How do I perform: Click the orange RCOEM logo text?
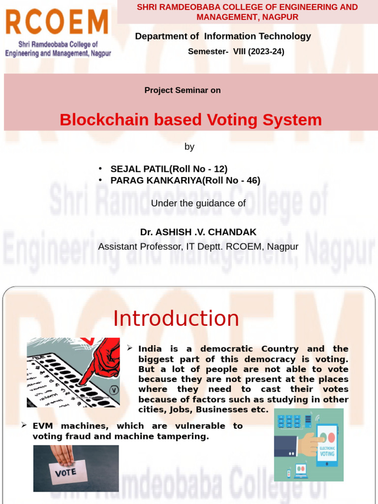tap(57, 22)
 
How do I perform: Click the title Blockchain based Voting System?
tap(190, 120)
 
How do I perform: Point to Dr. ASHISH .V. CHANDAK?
tap(198, 232)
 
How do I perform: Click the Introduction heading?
tap(176, 318)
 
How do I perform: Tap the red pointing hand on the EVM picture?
tap(101, 362)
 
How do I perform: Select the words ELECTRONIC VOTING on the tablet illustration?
tap(327, 451)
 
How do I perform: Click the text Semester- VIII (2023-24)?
tap(236, 52)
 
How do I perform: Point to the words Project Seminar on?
tap(182, 91)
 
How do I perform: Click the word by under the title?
tap(189, 147)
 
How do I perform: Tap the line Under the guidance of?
tap(198, 203)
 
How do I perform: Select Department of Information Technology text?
tap(222, 36)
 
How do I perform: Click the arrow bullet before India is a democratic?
tap(129, 348)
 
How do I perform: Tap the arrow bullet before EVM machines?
tap(24, 425)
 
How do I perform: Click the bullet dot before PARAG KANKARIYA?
tap(100, 180)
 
